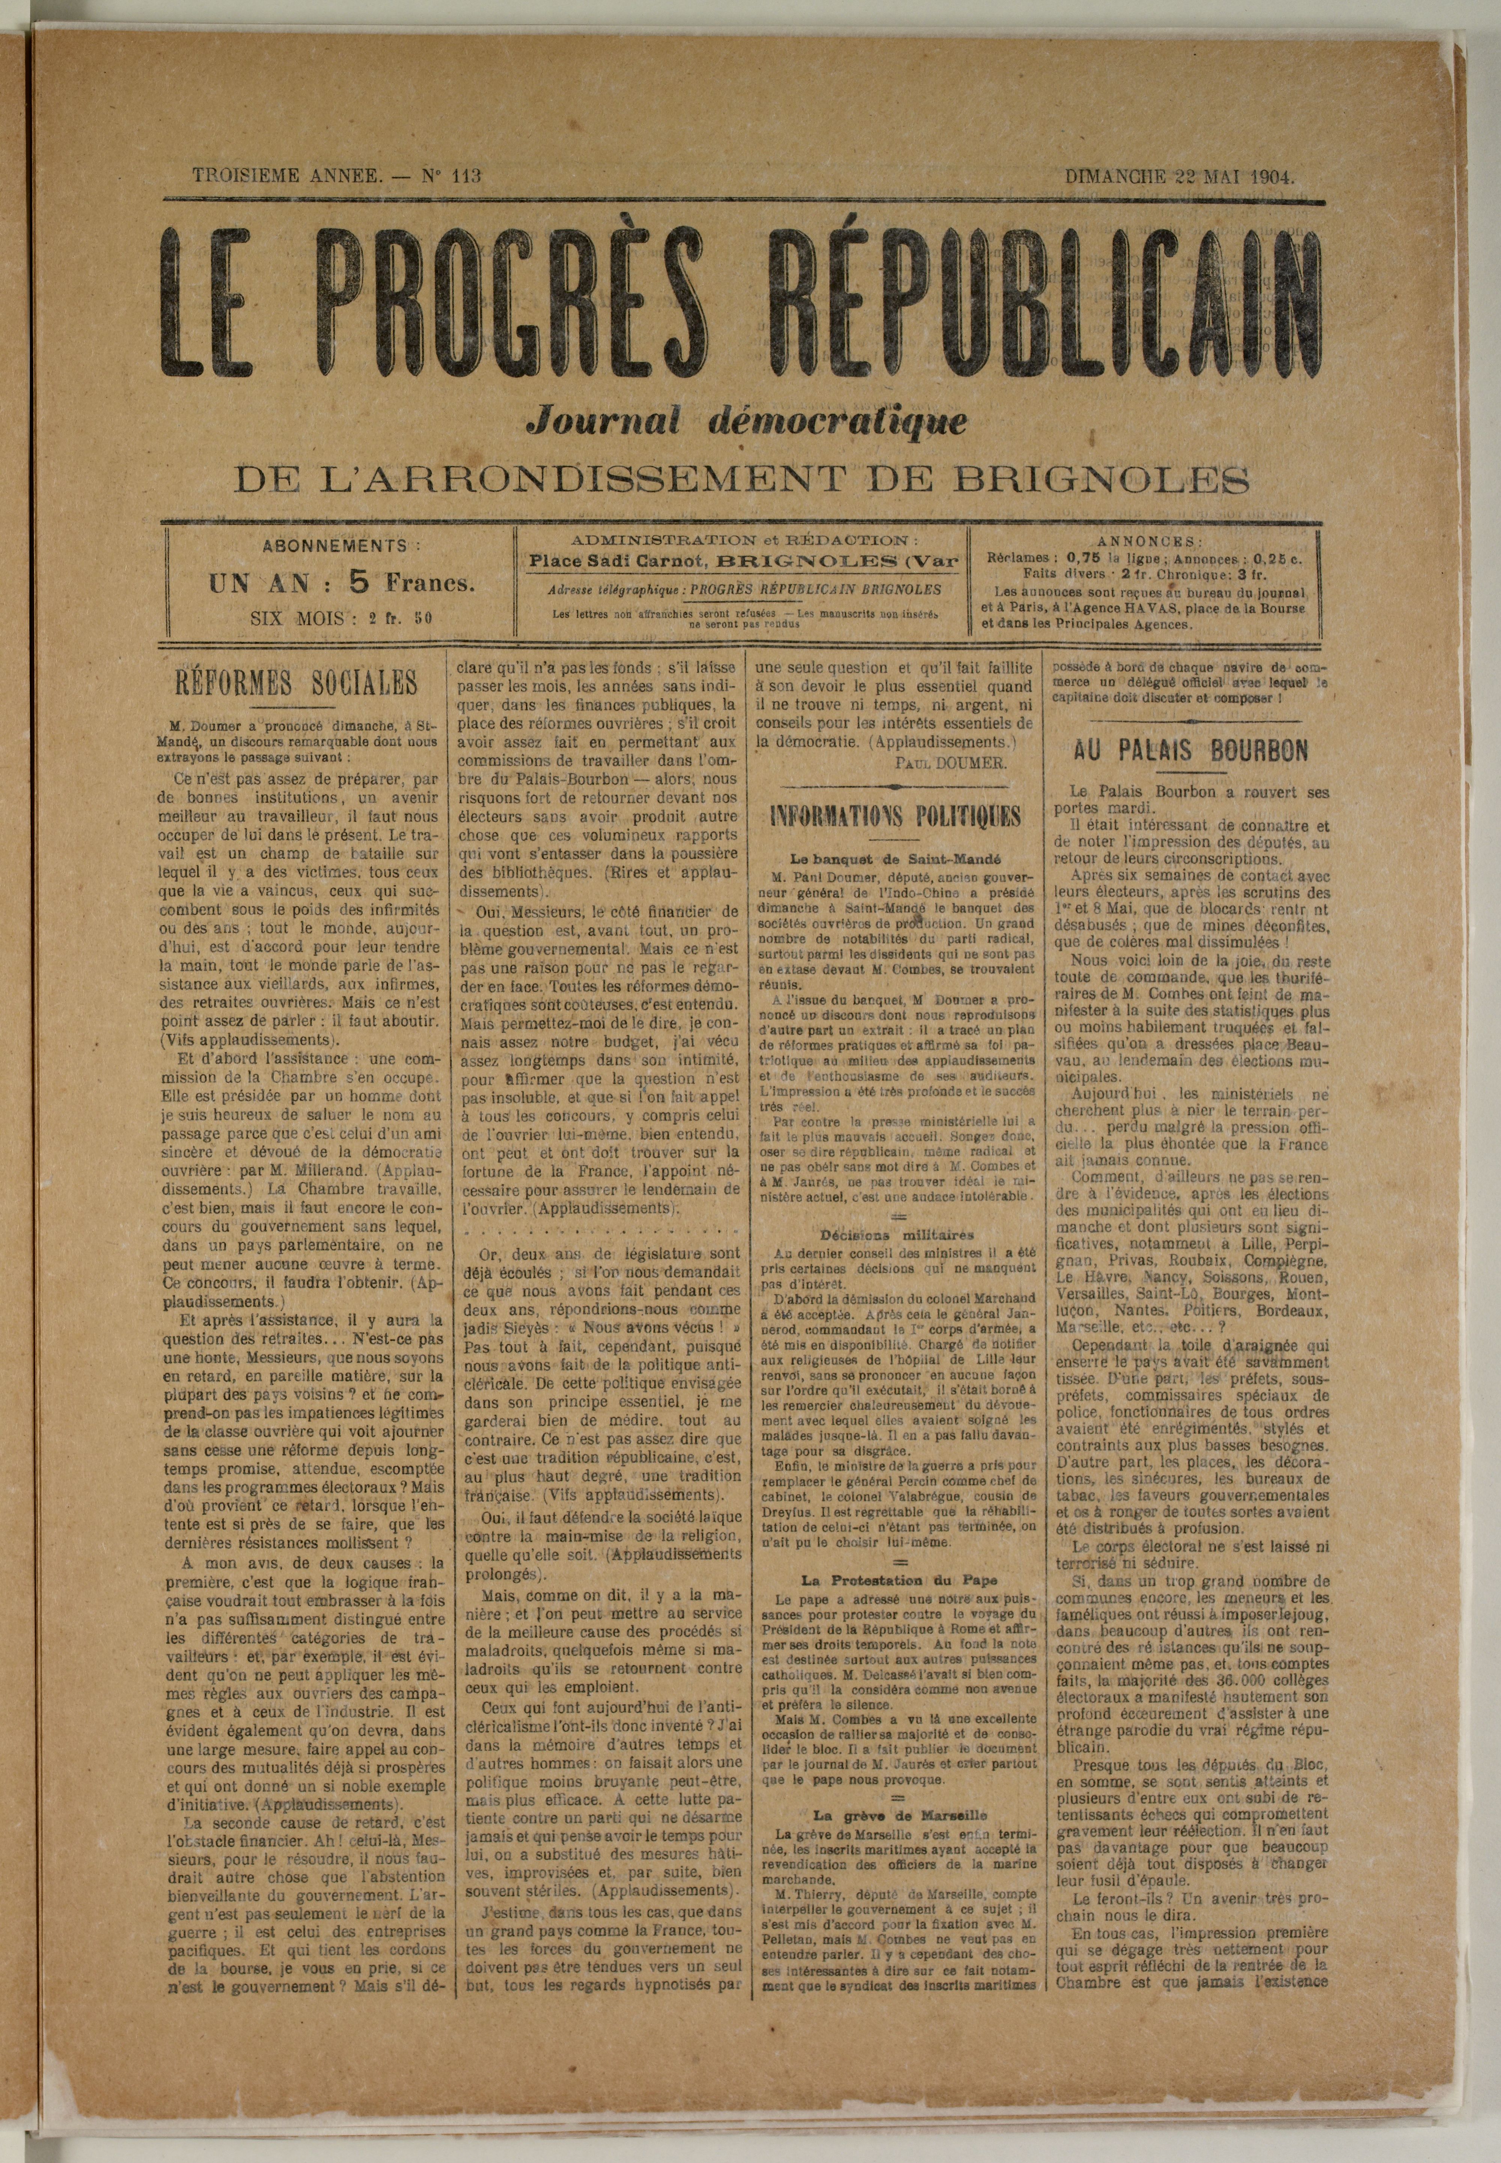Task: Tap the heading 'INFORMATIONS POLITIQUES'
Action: [894, 815]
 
